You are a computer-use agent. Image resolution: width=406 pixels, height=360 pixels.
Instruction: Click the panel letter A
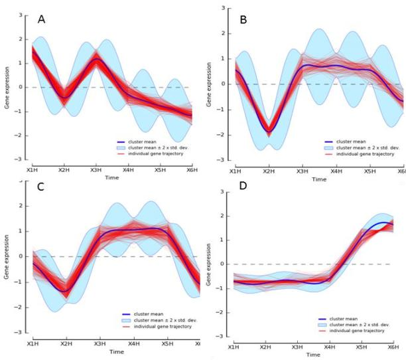point(41,19)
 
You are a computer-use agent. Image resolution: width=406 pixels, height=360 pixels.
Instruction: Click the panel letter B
point(243,19)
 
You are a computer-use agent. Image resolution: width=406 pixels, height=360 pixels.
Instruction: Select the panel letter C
point(39,188)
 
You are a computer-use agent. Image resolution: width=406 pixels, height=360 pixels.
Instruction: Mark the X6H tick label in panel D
point(396,348)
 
